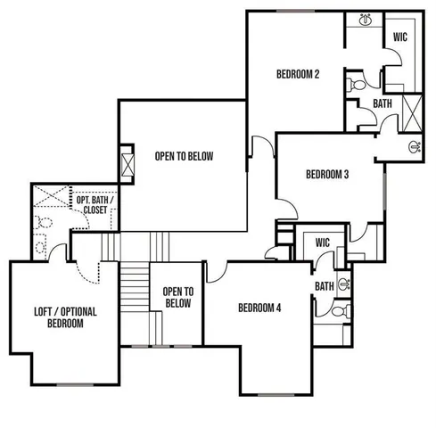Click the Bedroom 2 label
(x=298, y=74)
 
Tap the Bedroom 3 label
(x=326, y=174)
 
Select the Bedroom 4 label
(x=259, y=309)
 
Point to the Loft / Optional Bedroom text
(x=65, y=317)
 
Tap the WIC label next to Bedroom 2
(x=401, y=37)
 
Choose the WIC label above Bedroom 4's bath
(x=323, y=243)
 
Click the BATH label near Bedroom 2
(x=383, y=103)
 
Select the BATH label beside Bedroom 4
(x=324, y=286)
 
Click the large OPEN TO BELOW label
(x=185, y=156)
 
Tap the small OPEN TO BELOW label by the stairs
(x=178, y=298)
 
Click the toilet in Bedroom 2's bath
(x=354, y=86)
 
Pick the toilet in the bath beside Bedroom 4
(x=333, y=311)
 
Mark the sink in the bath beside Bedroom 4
(x=345, y=284)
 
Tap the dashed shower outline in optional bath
(x=52, y=197)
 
